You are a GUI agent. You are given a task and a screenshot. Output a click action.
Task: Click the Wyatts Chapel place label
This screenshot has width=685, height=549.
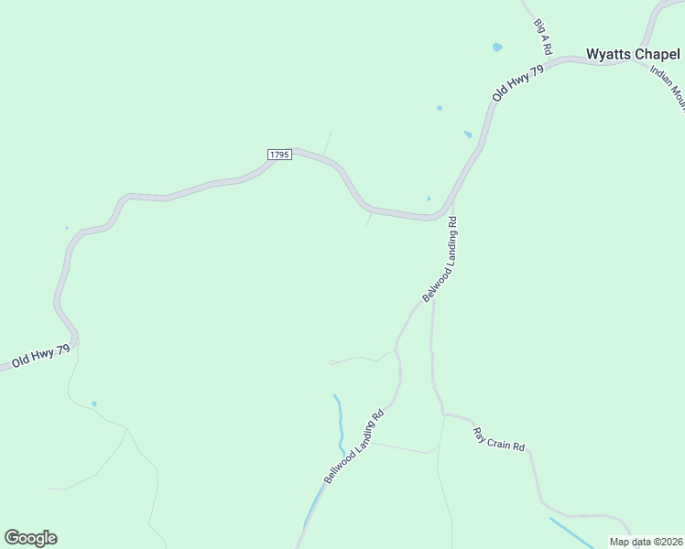tap(633, 54)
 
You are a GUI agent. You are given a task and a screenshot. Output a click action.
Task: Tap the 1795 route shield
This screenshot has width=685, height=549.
tap(279, 155)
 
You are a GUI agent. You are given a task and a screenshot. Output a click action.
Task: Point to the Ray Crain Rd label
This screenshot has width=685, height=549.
tap(499, 439)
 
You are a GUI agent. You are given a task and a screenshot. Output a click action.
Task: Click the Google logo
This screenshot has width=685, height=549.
tap(30, 538)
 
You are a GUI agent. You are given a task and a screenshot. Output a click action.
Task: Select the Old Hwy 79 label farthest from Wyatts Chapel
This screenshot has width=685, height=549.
tap(41, 355)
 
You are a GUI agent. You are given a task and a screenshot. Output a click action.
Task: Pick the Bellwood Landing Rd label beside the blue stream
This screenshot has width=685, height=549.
tap(353, 447)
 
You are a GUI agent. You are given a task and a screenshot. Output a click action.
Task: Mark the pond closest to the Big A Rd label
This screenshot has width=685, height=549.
tap(497, 47)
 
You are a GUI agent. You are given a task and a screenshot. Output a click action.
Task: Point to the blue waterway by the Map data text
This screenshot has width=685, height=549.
tap(571, 533)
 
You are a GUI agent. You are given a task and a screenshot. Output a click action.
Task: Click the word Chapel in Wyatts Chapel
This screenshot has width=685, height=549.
tap(657, 54)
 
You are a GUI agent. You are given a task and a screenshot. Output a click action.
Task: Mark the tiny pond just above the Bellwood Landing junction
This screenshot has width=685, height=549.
tap(429, 199)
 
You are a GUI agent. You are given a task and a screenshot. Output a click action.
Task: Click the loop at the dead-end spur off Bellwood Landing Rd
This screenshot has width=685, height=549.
tap(332, 362)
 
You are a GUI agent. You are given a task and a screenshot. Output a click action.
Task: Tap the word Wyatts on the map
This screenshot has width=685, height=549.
tap(608, 54)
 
